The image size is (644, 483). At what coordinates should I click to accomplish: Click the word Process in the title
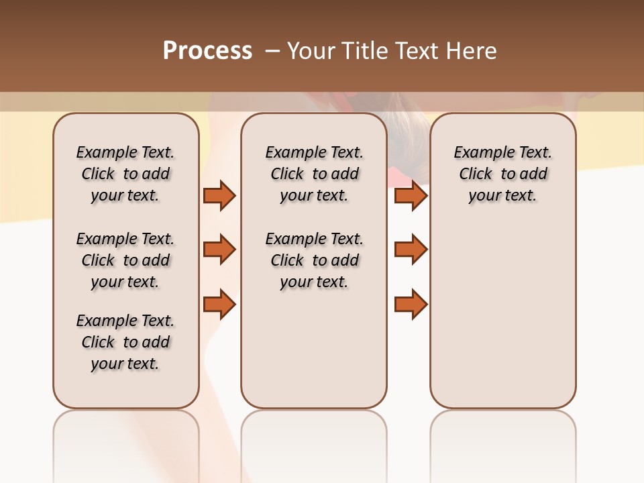click(x=207, y=50)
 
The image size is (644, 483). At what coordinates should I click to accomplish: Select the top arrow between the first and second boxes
click(x=219, y=195)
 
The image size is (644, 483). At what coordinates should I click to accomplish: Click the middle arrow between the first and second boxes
click(x=219, y=250)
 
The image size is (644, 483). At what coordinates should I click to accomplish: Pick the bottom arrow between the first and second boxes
click(x=219, y=304)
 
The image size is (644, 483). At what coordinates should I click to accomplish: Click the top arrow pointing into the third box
click(x=411, y=195)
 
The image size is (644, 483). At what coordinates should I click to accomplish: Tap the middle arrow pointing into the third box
click(x=411, y=250)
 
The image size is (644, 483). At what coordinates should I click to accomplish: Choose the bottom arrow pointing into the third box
click(x=411, y=304)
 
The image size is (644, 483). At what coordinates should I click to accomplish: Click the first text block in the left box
click(x=125, y=174)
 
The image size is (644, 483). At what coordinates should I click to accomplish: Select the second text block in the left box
click(x=125, y=260)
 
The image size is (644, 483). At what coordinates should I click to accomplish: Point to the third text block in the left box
click(x=125, y=342)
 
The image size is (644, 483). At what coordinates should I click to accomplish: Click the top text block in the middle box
click(x=314, y=174)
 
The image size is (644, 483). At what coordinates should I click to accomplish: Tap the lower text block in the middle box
click(x=314, y=260)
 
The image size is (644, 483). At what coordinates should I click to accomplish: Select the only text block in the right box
click(x=502, y=174)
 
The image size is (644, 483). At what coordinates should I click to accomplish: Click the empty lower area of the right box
click(x=502, y=315)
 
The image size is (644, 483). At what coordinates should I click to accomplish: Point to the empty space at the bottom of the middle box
click(x=314, y=356)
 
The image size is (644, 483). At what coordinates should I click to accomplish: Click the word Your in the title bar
click(x=311, y=51)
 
